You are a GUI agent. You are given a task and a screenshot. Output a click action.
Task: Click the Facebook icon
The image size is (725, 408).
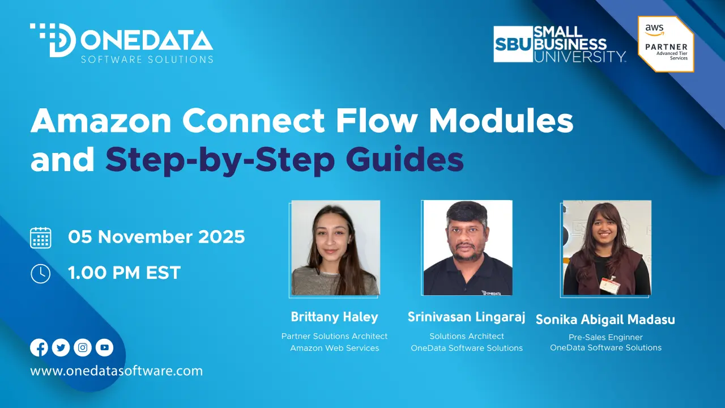click(39, 347)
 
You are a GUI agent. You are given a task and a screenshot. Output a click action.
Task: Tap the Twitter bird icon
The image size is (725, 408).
click(61, 347)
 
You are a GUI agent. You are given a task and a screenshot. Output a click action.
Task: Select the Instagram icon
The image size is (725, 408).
click(83, 347)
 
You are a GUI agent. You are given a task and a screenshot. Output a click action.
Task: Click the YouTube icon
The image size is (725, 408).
click(104, 347)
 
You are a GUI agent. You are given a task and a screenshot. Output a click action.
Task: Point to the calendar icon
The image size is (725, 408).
click(41, 237)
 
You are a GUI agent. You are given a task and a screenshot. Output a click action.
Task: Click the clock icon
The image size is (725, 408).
click(40, 274)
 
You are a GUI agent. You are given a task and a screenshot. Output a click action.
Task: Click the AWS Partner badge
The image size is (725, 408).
click(666, 44)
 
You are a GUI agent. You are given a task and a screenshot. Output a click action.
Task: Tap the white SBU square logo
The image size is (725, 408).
click(513, 44)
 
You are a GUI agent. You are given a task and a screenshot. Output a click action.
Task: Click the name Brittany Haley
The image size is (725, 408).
click(334, 317)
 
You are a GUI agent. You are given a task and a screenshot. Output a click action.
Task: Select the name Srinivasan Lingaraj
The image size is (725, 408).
click(466, 317)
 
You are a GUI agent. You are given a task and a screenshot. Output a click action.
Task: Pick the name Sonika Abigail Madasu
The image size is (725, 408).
click(605, 320)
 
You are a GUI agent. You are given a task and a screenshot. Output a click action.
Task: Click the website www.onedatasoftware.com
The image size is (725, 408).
click(117, 371)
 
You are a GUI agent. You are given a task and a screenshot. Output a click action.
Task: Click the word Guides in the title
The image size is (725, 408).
click(404, 159)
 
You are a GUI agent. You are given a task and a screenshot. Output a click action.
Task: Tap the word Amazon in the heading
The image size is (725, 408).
click(101, 120)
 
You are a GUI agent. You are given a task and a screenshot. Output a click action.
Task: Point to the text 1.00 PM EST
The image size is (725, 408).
click(124, 273)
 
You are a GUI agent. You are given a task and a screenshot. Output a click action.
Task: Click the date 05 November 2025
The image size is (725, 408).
click(156, 237)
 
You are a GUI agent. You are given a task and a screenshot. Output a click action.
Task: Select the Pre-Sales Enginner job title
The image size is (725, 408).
click(605, 337)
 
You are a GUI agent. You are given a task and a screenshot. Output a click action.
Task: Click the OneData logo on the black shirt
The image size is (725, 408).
click(491, 293)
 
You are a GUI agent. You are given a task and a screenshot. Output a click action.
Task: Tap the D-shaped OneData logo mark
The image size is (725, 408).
click(53, 40)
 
